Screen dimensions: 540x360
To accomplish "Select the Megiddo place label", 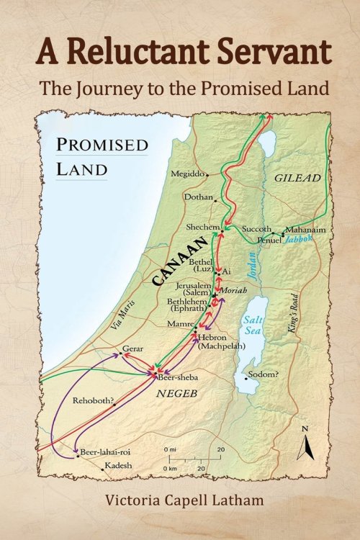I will click(189, 174).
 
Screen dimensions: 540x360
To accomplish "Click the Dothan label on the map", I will click(199, 197).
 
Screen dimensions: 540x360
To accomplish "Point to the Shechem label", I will click(202, 227).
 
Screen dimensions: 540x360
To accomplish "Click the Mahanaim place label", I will click(306, 230).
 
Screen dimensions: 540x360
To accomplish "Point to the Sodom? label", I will click(261, 374).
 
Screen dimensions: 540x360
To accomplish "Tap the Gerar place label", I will click(132, 348).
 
